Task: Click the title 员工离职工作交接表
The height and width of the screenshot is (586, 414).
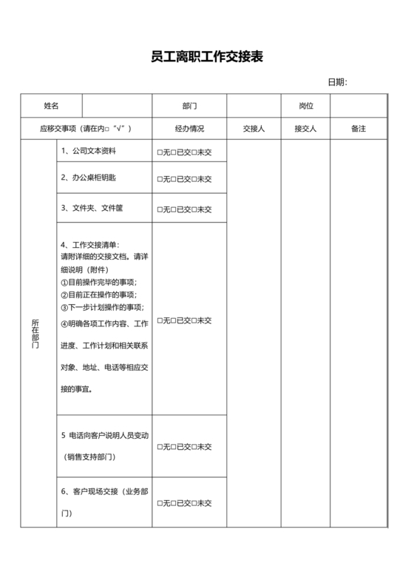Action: pyautogui.click(x=206, y=57)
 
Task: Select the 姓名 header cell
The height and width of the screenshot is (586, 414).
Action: pyautogui.click(x=51, y=107)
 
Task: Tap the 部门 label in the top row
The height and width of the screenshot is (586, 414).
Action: pyautogui.click(x=189, y=107)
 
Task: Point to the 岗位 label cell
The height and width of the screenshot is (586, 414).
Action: pyautogui.click(x=305, y=107)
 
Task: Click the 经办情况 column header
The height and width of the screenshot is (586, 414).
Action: pyautogui.click(x=189, y=129)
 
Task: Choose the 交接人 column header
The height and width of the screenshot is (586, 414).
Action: pyautogui.click(x=254, y=129)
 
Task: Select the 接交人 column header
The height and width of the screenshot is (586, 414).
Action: pyautogui.click(x=305, y=129)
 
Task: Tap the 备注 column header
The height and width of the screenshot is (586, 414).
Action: pyautogui.click(x=359, y=129)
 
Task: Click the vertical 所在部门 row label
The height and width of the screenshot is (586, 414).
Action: pyautogui.click(x=35, y=334)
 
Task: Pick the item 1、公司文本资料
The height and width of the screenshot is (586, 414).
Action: pyautogui.click(x=88, y=150)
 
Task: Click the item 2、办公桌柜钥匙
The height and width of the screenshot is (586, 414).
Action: pyautogui.click(x=88, y=178)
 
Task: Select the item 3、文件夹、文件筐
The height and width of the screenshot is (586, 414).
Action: pyautogui.click(x=92, y=208)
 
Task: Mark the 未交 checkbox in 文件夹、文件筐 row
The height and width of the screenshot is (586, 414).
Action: pyautogui.click(x=194, y=209)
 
